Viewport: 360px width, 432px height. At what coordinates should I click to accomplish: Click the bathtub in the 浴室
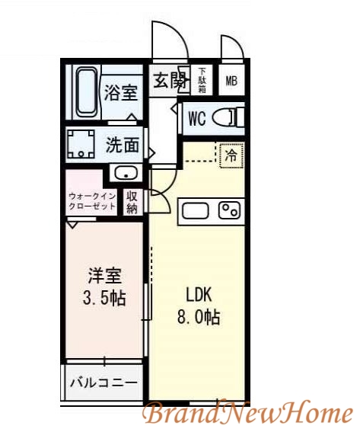(x=84, y=91)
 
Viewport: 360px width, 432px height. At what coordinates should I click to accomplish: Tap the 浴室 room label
(x=120, y=93)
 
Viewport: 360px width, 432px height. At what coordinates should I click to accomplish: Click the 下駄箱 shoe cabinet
(x=202, y=79)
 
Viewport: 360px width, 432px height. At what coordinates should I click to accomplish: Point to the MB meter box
(x=231, y=81)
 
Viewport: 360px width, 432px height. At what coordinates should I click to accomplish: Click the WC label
(x=197, y=119)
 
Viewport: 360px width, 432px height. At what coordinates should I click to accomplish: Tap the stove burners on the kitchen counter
(x=229, y=210)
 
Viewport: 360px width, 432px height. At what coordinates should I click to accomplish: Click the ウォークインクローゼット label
(x=91, y=203)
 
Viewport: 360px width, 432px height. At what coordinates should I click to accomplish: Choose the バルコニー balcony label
(x=104, y=382)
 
